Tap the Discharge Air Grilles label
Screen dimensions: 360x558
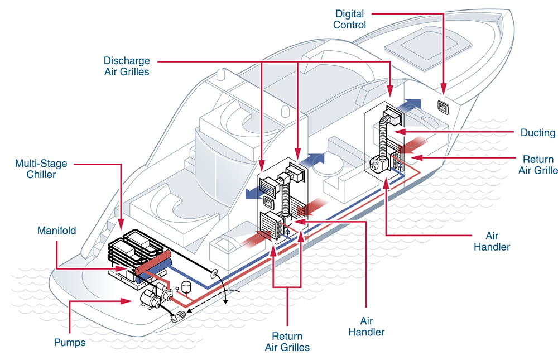tap(127, 66)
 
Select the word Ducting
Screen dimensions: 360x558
tap(538, 133)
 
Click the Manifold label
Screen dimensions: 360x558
tap(56, 231)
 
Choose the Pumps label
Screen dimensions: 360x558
tap(70, 342)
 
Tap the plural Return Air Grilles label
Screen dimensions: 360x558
tap(287, 342)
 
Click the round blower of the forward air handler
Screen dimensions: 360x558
tap(375, 164)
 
